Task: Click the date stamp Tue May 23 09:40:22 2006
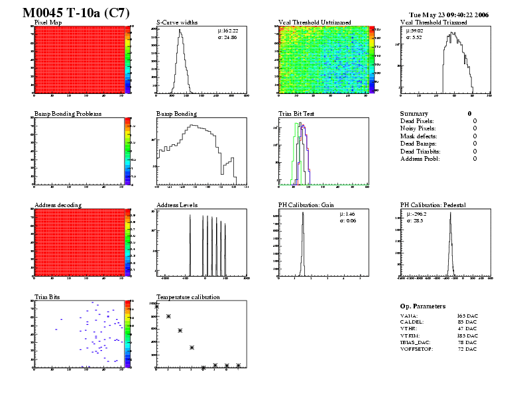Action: pos(449,14)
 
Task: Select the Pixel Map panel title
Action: pos(48,22)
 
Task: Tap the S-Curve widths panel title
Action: pos(179,22)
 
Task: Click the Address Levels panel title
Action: pos(177,205)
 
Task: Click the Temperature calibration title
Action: pos(188,296)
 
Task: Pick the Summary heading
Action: pos(414,114)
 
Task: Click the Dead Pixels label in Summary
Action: pos(417,121)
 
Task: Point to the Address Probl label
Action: pos(420,159)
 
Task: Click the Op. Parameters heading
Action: pos(423,306)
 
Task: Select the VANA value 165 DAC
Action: pos(467,316)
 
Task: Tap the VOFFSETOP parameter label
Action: pos(416,349)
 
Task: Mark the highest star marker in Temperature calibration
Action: pos(157,306)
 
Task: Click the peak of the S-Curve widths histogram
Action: pos(178,30)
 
